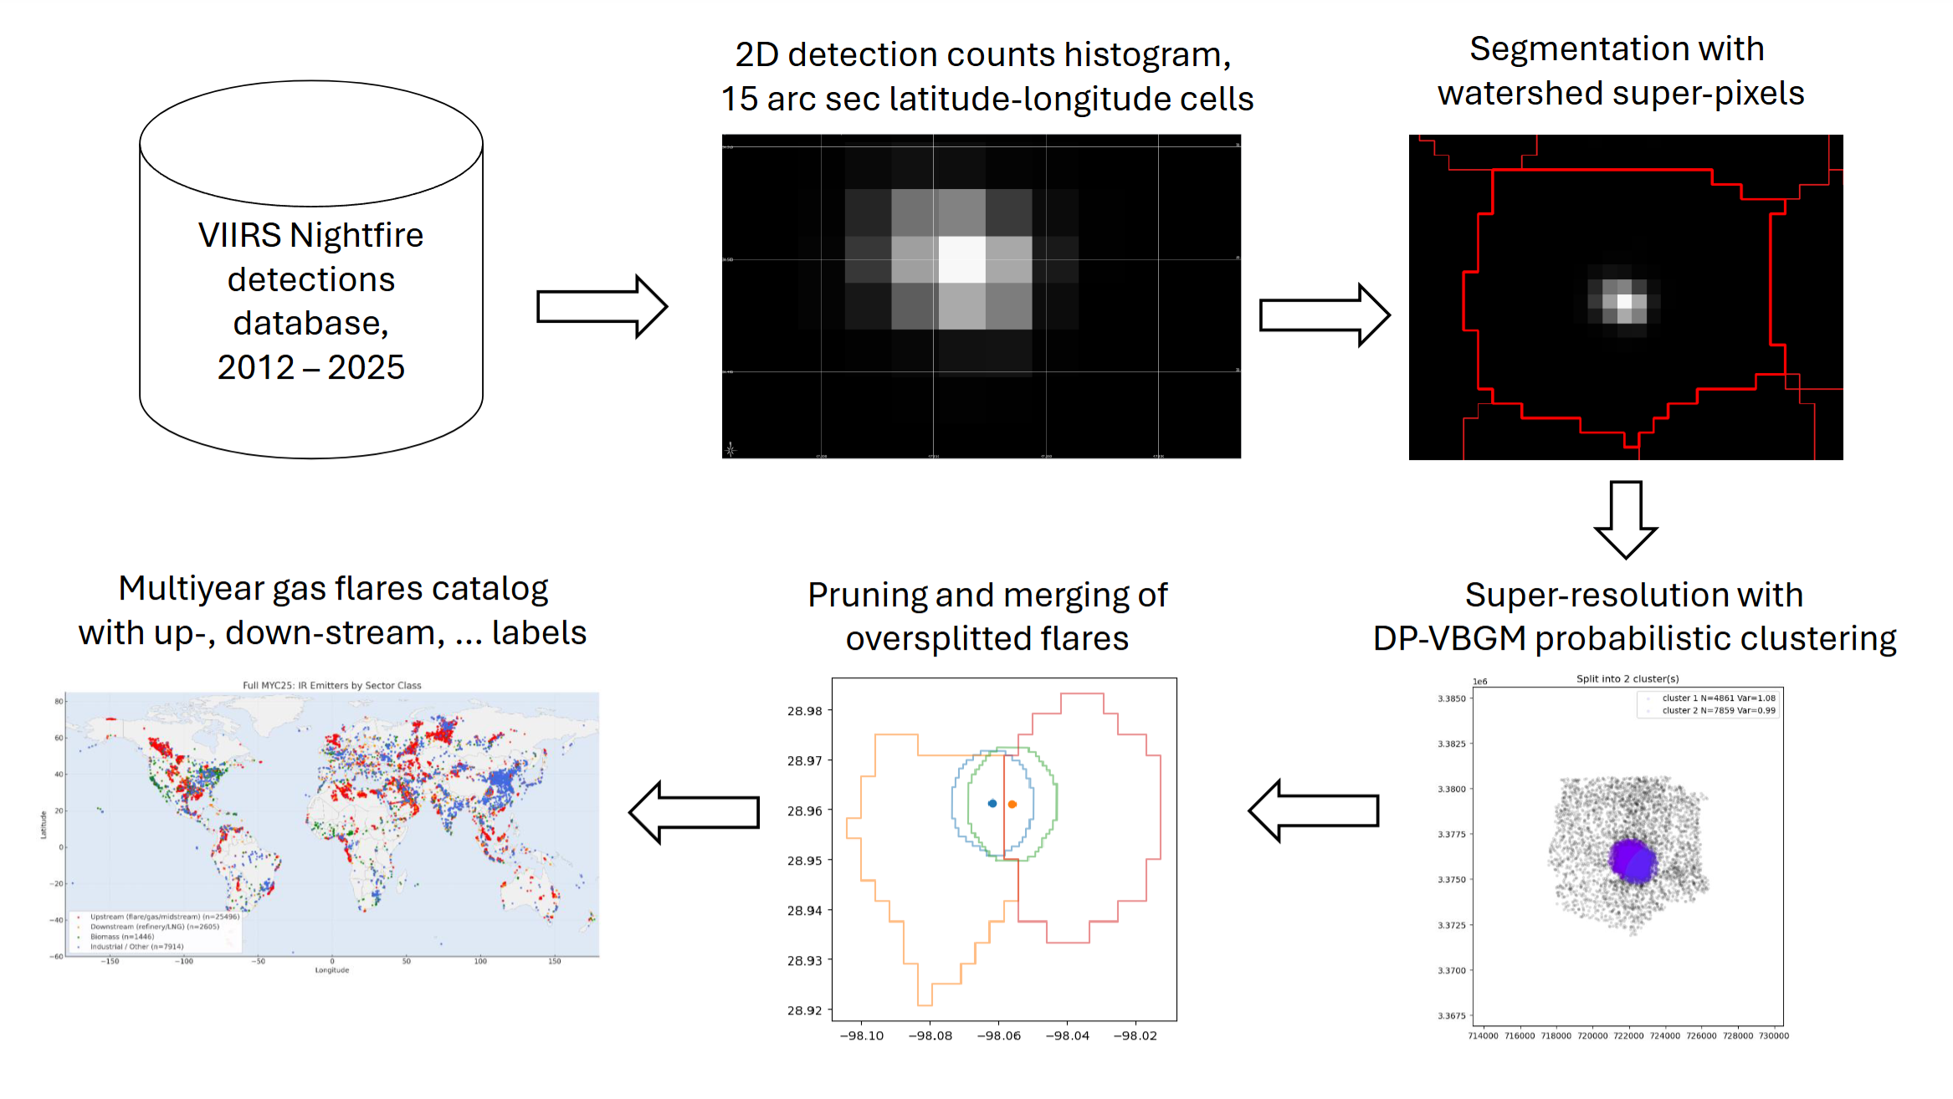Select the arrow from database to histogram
pyautogui.click(x=601, y=306)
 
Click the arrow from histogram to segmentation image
pyautogui.click(x=1324, y=315)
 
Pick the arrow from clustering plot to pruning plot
pyautogui.click(x=1313, y=810)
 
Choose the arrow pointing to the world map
pyautogui.click(x=694, y=811)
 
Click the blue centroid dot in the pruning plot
pyautogui.click(x=992, y=803)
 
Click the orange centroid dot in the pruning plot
pyautogui.click(x=1012, y=804)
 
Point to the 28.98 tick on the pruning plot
pyautogui.click(x=804, y=711)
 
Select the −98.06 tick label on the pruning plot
pyautogui.click(x=998, y=1035)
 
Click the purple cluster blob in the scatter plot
pyautogui.click(x=1632, y=860)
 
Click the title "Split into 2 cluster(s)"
pyautogui.click(x=1627, y=678)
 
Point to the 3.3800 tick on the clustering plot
pyautogui.click(x=1452, y=789)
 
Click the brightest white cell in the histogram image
pyautogui.click(x=961, y=259)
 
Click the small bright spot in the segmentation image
pyautogui.click(x=1624, y=303)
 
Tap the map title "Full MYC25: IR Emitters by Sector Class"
pyautogui.click(x=331, y=685)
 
